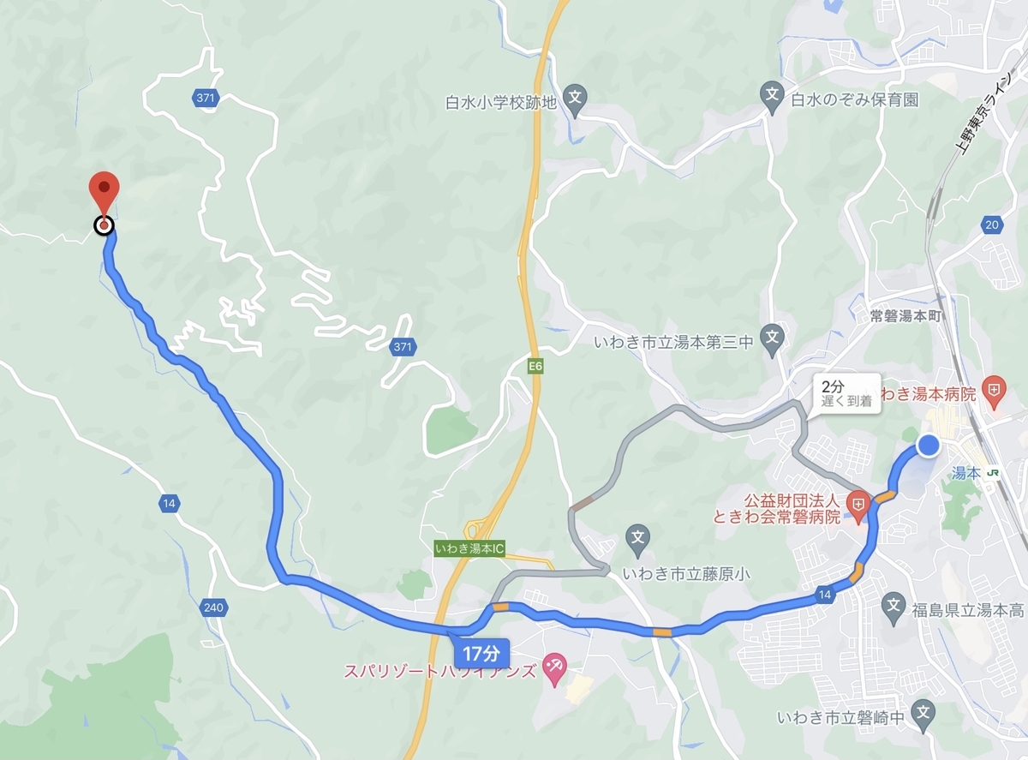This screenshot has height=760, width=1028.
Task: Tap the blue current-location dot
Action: [x=929, y=446]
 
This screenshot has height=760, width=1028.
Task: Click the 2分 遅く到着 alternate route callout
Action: [x=846, y=393]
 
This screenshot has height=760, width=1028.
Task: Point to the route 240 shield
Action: [x=214, y=607]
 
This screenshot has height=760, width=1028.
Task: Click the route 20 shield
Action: [x=992, y=224]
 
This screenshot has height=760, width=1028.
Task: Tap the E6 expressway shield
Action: [x=535, y=367]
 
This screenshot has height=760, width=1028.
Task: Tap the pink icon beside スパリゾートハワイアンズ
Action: [x=553, y=666]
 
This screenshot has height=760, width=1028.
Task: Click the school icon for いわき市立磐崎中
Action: [x=923, y=709]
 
